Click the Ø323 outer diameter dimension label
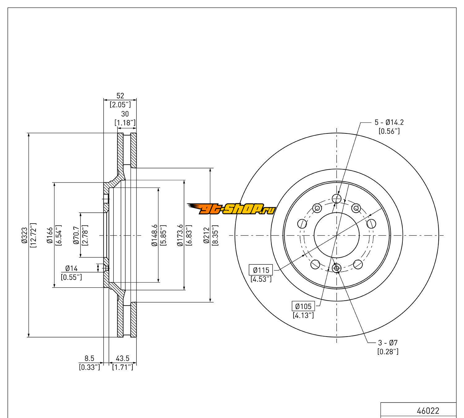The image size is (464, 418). click(24, 235)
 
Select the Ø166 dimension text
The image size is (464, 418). click(49, 235)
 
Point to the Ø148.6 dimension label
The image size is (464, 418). click(154, 235)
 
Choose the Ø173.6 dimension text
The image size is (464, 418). click(180, 235)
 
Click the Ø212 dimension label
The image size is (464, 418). click(206, 235)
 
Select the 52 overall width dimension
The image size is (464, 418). click(120, 96)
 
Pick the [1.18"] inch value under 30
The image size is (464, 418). click(125, 123)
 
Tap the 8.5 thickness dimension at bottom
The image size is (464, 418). click(89, 359)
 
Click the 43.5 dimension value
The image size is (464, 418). click(122, 359)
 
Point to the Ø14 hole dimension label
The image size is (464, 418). click(71, 268)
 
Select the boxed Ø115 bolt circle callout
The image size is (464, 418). click(261, 270)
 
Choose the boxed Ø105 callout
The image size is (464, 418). click(303, 307)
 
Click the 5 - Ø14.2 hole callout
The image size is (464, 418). click(389, 122)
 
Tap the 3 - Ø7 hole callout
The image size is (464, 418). click(388, 343)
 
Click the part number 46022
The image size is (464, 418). click(428, 411)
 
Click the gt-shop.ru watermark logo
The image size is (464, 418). click(231, 209)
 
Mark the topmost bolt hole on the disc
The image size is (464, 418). click(336, 198)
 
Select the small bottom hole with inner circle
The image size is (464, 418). click(337, 268)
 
